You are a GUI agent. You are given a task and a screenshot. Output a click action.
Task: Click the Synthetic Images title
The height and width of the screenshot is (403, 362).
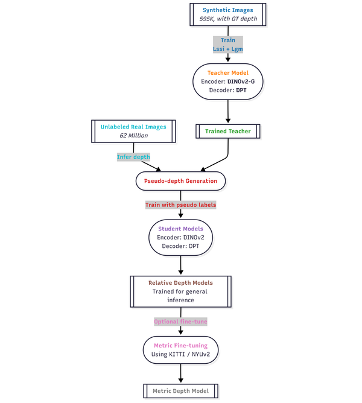[x=228, y=10]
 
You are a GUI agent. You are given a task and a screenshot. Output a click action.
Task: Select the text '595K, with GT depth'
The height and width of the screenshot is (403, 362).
[x=228, y=19]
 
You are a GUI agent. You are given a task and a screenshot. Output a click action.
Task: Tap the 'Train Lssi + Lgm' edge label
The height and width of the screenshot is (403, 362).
[x=228, y=43]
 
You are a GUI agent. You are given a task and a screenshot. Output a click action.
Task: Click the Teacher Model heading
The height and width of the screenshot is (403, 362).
[x=228, y=73]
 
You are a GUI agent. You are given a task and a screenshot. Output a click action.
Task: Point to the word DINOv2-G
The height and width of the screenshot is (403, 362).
[x=245, y=81]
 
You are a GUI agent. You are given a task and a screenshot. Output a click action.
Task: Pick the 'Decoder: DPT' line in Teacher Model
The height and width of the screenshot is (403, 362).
[x=228, y=90]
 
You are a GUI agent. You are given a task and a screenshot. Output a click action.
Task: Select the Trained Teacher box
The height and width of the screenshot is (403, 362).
[x=228, y=131]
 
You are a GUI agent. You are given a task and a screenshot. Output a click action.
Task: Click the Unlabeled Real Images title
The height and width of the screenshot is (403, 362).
[x=133, y=127]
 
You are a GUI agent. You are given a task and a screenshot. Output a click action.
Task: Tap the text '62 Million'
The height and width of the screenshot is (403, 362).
[x=133, y=136]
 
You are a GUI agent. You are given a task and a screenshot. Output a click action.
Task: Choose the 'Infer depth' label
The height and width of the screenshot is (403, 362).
[x=133, y=156]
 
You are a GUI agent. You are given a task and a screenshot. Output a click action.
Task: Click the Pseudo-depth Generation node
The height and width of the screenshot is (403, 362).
[x=180, y=180]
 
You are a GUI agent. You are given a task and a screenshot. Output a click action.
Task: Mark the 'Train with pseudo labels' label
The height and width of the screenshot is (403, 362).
[x=180, y=205]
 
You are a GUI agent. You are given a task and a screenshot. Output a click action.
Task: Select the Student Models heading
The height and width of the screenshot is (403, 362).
[x=180, y=229]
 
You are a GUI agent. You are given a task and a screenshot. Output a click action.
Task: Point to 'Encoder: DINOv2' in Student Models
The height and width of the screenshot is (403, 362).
[x=180, y=237]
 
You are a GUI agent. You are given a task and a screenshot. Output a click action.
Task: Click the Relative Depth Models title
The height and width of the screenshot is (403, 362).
[x=180, y=282]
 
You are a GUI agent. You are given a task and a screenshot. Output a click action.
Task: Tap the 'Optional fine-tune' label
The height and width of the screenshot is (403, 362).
[x=180, y=322]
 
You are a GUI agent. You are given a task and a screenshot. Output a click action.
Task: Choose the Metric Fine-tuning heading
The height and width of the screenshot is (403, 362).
[x=180, y=345]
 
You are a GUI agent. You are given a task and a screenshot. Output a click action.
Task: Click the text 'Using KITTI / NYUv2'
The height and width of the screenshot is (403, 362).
[x=180, y=354]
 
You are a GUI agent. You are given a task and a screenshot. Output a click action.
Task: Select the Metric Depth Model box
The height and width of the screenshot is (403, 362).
[x=180, y=391]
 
